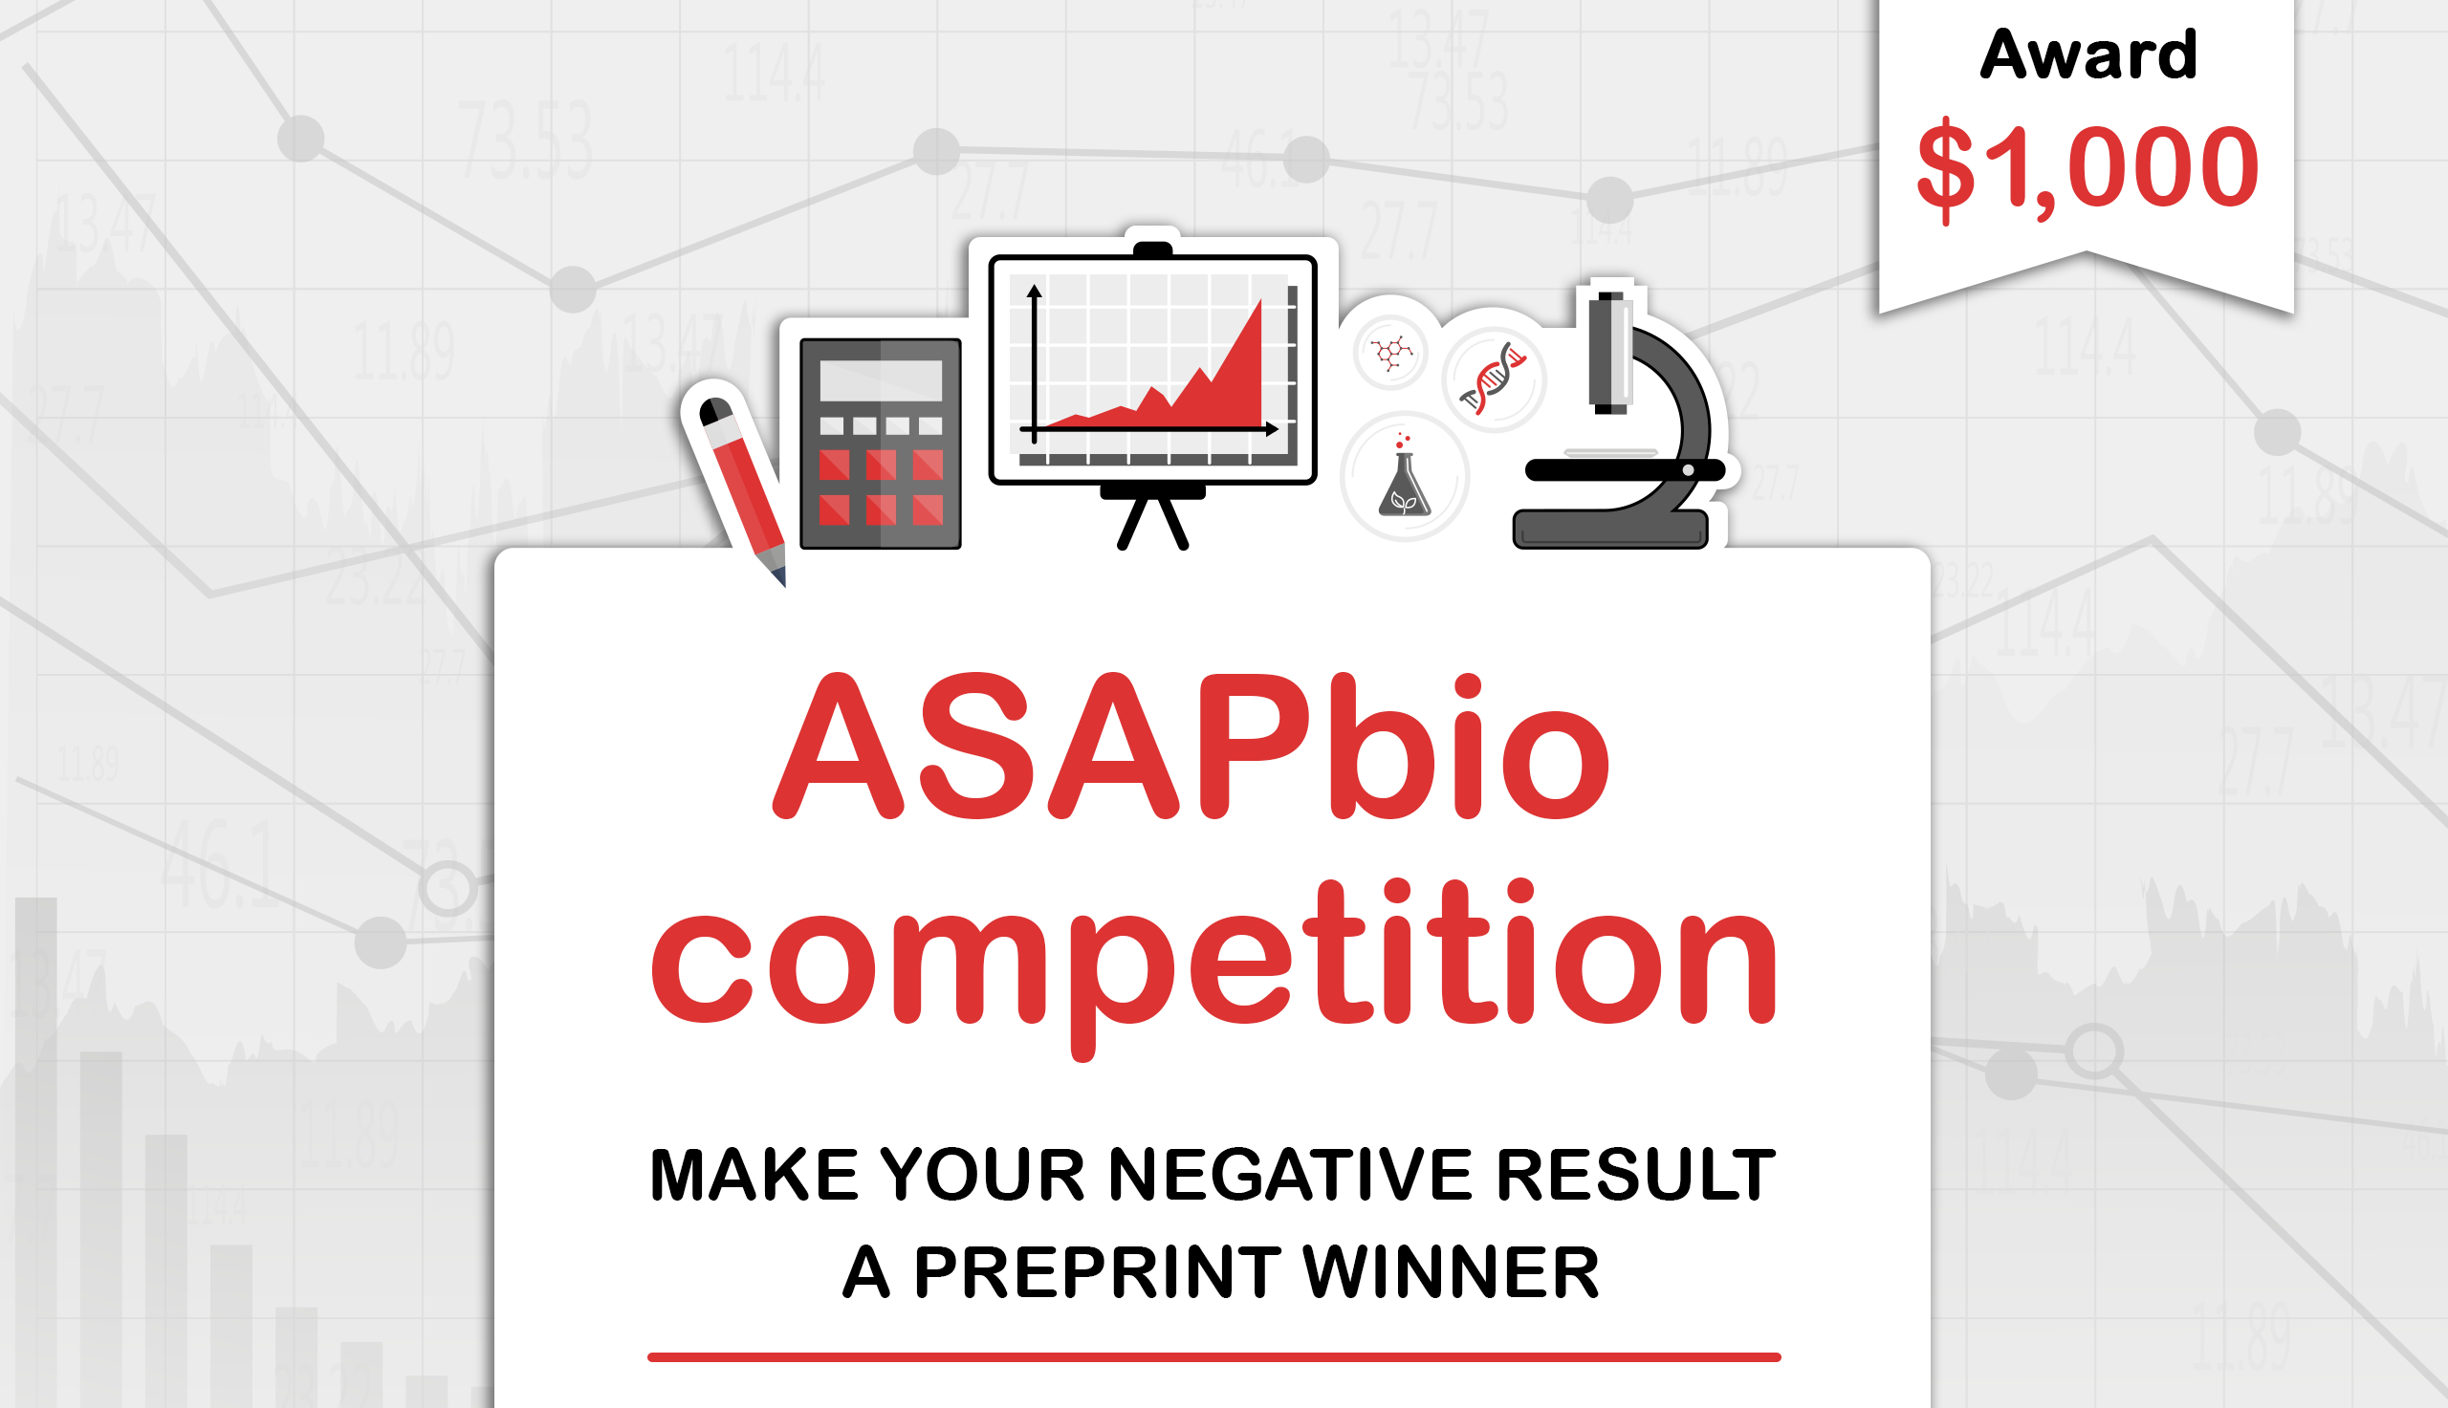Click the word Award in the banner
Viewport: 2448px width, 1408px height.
(2087, 55)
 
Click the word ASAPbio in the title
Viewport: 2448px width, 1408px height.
(1191, 746)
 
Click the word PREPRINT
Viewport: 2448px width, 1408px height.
(1097, 1271)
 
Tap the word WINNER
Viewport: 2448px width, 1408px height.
(1451, 1271)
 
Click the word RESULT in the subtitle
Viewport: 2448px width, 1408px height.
(1635, 1175)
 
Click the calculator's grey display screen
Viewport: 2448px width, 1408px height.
(880, 380)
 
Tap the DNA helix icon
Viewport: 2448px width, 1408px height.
(1494, 378)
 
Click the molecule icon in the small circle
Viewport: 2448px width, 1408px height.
(1389, 352)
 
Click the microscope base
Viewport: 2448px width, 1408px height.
(1609, 531)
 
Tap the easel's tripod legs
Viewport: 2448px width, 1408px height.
(1152, 522)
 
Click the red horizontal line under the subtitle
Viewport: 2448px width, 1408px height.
(1213, 1356)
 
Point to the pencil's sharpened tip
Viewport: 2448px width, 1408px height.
(779, 577)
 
